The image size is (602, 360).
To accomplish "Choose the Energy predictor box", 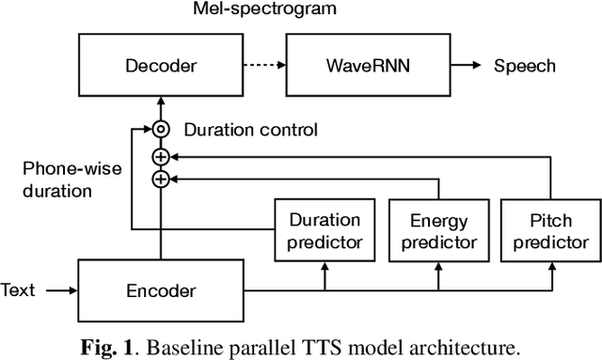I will (x=438, y=231).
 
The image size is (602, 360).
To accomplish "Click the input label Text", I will (x=19, y=289).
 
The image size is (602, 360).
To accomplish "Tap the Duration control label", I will (x=251, y=129).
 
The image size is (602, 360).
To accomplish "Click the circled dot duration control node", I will (x=162, y=129).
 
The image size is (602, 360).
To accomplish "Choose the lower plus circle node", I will (x=162, y=178).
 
